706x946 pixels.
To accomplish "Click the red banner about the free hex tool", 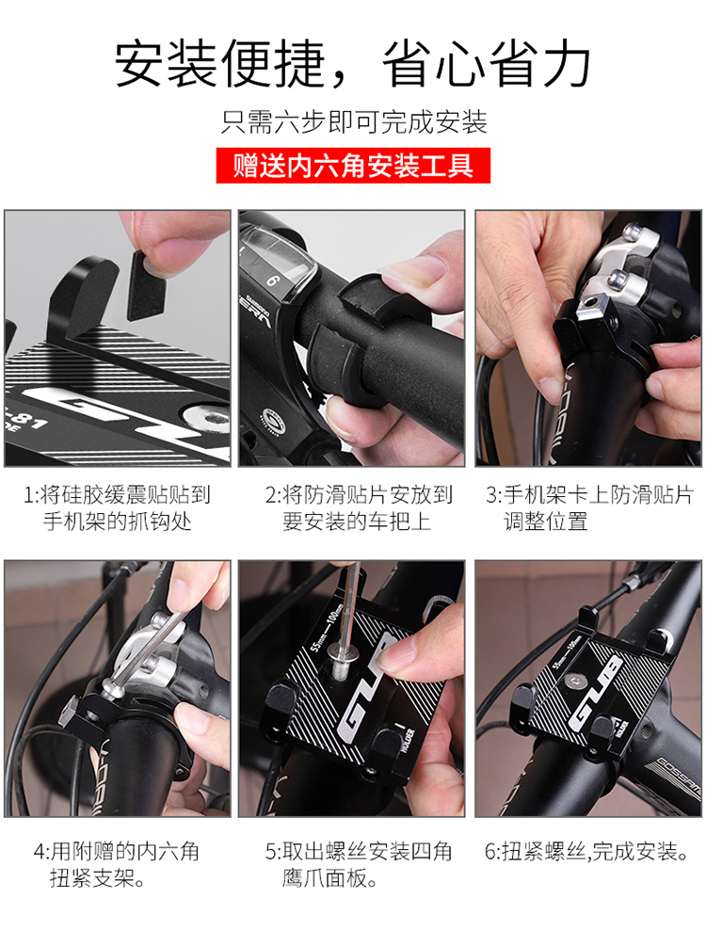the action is (353, 166).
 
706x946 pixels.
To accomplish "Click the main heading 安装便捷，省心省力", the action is (353, 64).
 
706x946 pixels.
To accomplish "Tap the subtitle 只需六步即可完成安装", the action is (354, 121).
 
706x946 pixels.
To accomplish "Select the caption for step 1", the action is (117, 508).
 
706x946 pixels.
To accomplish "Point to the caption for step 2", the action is (359, 508).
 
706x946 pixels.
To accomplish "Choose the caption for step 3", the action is (589, 508).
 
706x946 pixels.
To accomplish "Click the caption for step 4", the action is (116, 864).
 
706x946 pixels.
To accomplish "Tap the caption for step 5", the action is (359, 864).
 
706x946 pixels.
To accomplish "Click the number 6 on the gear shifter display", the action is (273, 281).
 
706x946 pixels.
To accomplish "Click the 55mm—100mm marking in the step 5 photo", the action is (326, 628).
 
